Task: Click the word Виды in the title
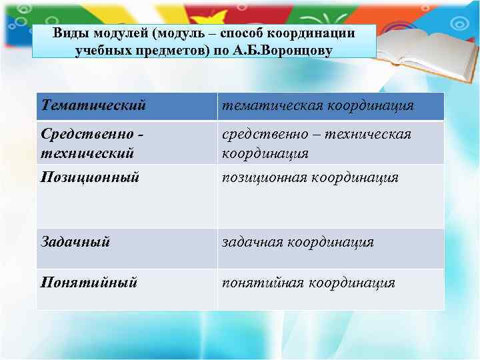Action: pyautogui.click(x=69, y=33)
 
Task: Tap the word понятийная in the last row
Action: pyautogui.click(x=261, y=283)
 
